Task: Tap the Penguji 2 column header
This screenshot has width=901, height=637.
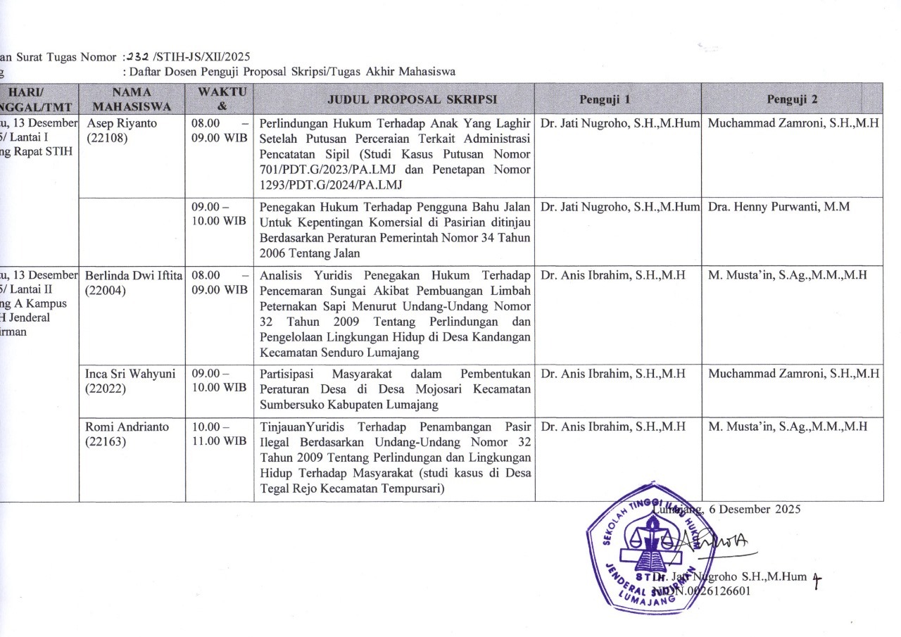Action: tap(793, 99)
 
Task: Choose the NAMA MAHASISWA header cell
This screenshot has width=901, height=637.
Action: tap(132, 99)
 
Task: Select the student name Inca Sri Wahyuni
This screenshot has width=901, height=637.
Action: tap(130, 373)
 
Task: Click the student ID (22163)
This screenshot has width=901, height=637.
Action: tap(105, 442)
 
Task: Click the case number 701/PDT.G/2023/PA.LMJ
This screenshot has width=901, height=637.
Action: tap(317, 170)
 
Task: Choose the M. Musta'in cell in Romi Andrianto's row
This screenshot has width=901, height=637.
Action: tap(787, 427)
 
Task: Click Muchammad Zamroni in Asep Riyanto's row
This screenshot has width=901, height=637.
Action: tap(793, 123)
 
